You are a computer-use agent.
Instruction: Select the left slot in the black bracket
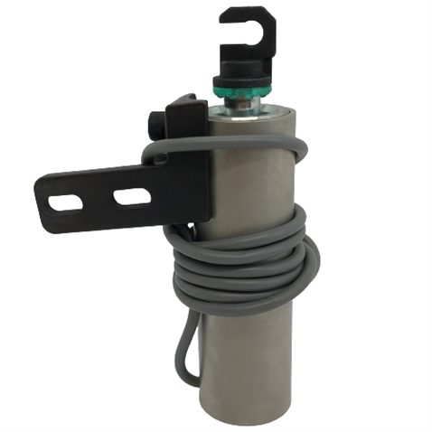pyautogui.click(x=66, y=201)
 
